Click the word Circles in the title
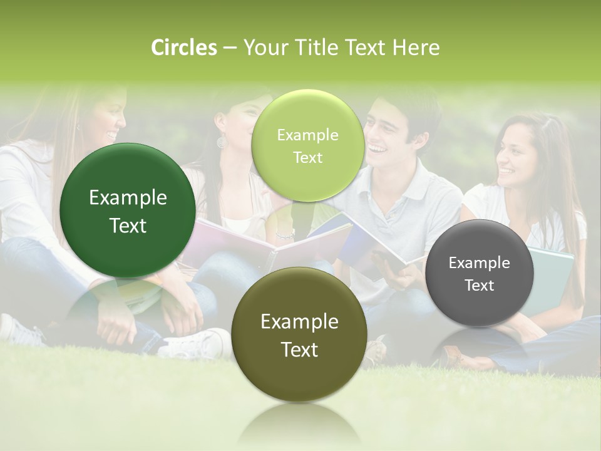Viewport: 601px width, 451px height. pyautogui.click(x=184, y=48)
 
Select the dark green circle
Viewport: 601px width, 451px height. pyautogui.click(x=128, y=211)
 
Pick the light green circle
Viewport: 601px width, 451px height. pyautogui.click(x=307, y=146)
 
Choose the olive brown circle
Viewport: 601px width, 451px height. pyautogui.click(x=299, y=335)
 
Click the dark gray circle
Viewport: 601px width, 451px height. pyautogui.click(x=480, y=274)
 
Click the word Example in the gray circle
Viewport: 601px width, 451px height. pyautogui.click(x=480, y=263)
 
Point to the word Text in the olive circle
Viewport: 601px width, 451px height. pyautogui.click(x=299, y=350)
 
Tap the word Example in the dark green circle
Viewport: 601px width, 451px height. pyautogui.click(x=128, y=198)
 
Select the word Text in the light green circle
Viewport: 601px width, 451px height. pyautogui.click(x=307, y=158)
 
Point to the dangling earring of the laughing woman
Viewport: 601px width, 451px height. pyautogui.click(x=221, y=142)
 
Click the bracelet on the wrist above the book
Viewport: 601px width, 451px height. pyautogui.click(x=285, y=235)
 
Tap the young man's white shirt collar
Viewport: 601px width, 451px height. pyautogui.click(x=401, y=188)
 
